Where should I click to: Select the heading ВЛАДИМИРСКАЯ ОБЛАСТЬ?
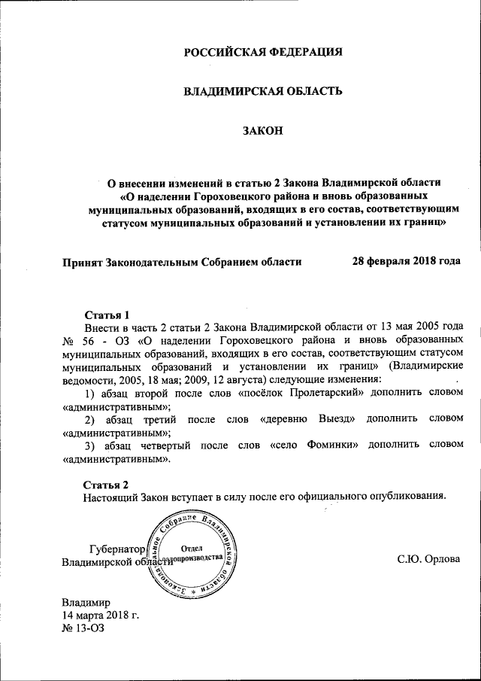click(263, 92)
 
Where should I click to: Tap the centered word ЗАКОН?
click(263, 132)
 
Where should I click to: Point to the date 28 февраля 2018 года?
click(407, 261)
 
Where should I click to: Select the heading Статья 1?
click(107, 315)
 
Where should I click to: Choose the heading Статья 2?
click(107, 483)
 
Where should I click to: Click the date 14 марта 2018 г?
click(101, 615)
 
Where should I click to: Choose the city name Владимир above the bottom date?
click(86, 602)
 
